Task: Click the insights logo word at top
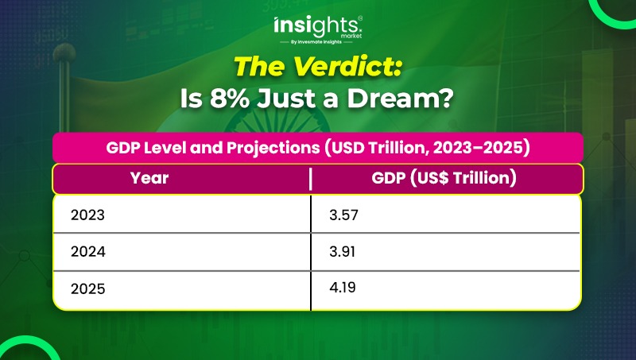317,26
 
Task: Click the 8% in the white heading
230,99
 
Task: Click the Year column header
149,178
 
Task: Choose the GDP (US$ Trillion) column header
444,178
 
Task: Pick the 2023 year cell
87,215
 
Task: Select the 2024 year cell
87,252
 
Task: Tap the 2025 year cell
87,289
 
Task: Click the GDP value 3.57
343,215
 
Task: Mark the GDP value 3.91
342,252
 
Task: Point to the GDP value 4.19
343,288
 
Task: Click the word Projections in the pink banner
273,148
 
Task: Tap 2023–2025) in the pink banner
481,148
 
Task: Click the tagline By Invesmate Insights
316,42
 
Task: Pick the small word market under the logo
351,36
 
